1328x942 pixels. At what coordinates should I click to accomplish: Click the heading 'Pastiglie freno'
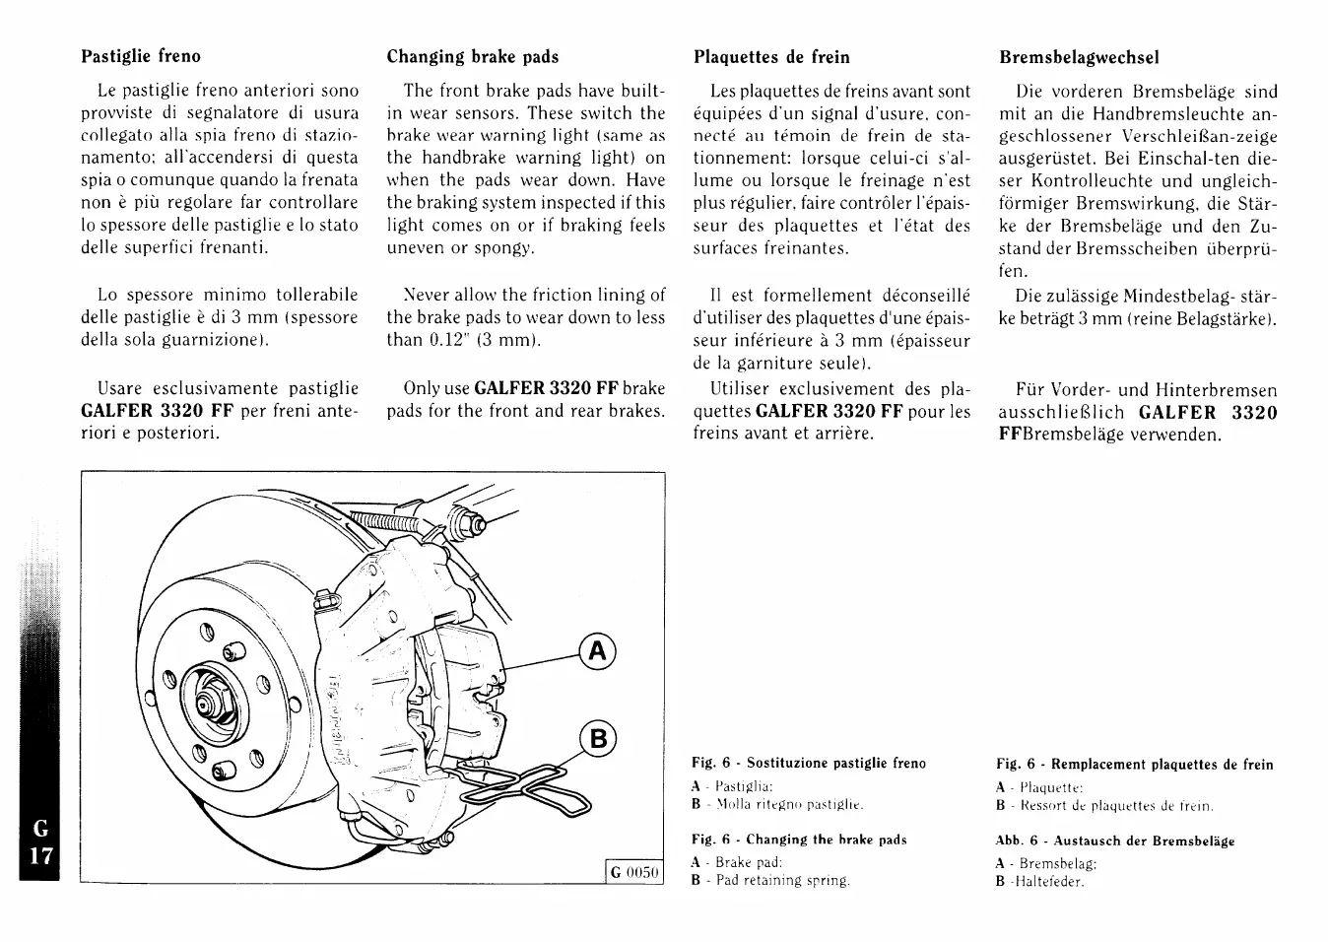click(140, 56)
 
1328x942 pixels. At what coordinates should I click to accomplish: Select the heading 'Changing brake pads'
click(473, 56)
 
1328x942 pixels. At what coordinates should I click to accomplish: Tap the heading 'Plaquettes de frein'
click(771, 57)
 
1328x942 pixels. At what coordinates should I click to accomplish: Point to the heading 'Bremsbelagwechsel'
click(1079, 57)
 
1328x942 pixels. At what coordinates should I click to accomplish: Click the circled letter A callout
click(596, 651)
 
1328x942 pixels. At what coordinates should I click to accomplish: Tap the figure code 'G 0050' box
click(634, 872)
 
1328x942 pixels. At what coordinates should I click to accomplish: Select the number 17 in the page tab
click(39, 855)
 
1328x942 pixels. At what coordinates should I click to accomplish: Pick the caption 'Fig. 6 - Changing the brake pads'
click(799, 840)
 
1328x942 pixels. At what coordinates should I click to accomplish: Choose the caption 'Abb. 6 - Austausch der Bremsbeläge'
click(1115, 841)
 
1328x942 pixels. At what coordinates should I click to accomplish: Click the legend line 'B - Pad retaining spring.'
click(770, 880)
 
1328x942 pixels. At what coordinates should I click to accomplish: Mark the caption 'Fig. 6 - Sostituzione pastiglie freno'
click(809, 763)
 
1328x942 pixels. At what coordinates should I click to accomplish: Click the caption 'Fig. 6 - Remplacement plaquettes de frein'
click(1134, 765)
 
